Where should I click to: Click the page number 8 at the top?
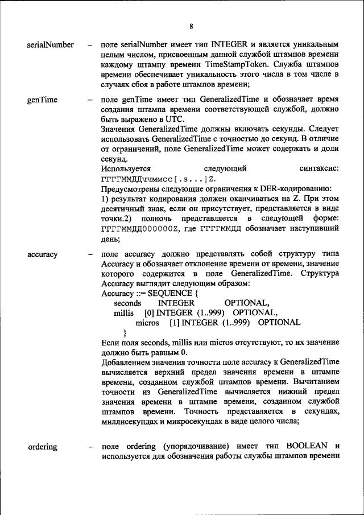[192, 26]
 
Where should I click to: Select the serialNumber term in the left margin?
[51, 44]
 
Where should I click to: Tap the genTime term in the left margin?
[42, 100]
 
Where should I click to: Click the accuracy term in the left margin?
[42, 254]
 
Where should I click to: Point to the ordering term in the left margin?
[43, 447]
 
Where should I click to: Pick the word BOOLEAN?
[309, 447]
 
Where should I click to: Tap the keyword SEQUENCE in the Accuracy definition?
[163, 293]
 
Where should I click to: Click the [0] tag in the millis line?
[149, 313]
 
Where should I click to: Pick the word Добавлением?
[123, 362]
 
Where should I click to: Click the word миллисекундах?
[134, 422]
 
